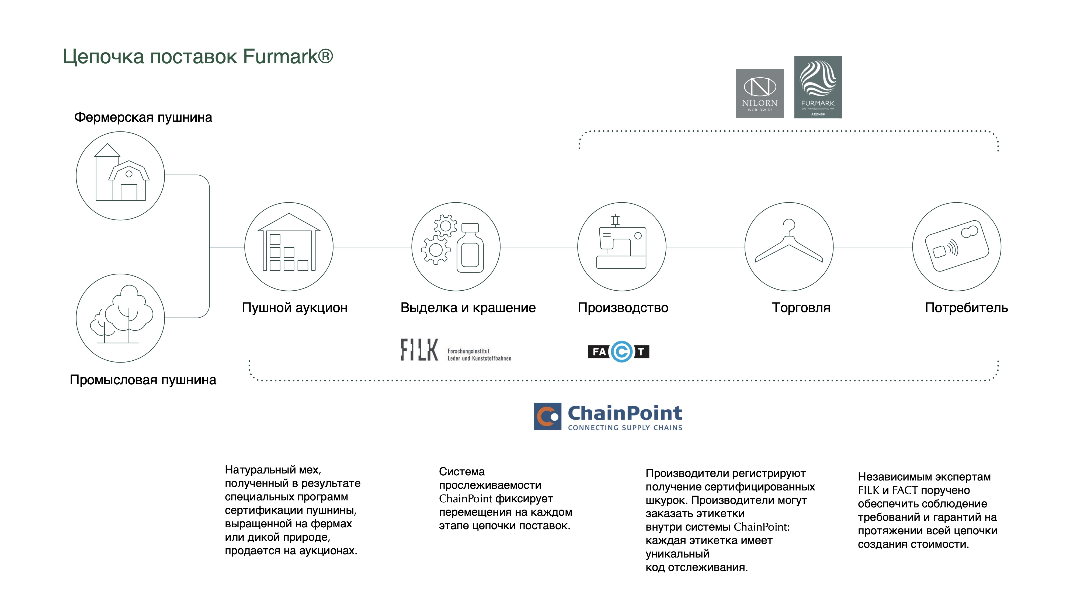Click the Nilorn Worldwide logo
(760, 93)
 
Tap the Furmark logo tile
(818, 87)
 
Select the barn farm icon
(120, 176)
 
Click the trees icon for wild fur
(120, 318)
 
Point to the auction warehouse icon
(289, 247)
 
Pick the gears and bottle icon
(456, 247)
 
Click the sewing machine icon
(622, 247)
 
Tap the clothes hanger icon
(789, 247)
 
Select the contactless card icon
(957, 247)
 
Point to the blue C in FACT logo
(622, 351)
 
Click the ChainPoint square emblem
(547, 416)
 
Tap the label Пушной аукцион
(295, 308)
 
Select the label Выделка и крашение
(468, 308)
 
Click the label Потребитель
(966, 308)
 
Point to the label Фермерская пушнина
(143, 117)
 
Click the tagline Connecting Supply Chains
(625, 427)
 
